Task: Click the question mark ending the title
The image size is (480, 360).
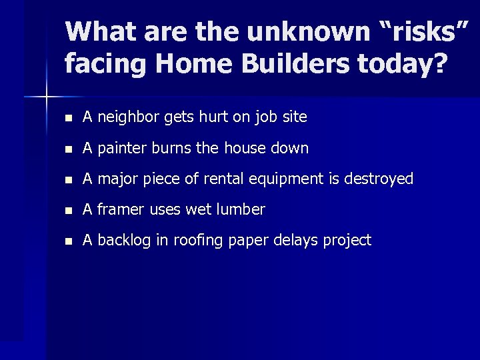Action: click(x=440, y=64)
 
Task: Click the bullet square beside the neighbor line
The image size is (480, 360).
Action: click(x=68, y=118)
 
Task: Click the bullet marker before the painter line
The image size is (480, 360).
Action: click(x=68, y=149)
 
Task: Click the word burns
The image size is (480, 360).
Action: click(x=171, y=148)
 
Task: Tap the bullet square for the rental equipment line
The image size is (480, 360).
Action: click(x=68, y=179)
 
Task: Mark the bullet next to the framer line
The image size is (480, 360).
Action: click(x=68, y=210)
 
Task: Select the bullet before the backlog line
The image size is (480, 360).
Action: click(x=68, y=241)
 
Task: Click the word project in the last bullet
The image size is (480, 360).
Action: click(x=347, y=241)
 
